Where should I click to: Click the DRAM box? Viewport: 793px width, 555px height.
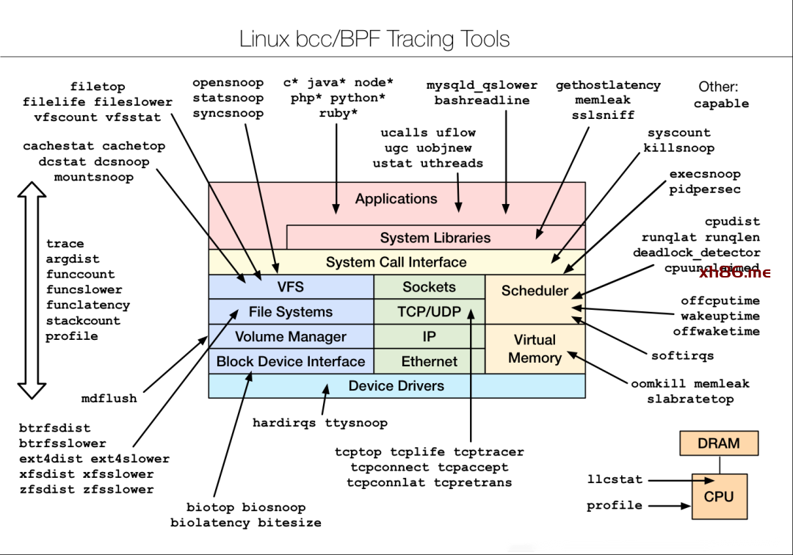point(718,443)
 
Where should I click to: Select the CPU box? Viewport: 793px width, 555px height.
point(718,496)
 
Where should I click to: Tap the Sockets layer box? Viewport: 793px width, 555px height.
point(430,287)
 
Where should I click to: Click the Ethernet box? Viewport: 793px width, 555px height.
point(430,361)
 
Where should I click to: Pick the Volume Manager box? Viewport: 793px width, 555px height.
point(291,337)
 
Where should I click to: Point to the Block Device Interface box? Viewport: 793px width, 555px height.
point(291,361)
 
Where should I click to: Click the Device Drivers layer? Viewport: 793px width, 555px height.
point(396,385)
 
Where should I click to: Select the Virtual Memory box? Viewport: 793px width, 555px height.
point(535,349)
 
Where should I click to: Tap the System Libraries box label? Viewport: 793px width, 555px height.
point(435,238)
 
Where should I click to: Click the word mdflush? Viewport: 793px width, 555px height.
point(109,399)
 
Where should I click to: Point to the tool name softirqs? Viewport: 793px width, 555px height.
point(682,356)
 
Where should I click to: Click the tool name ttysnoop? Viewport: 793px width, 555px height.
point(356,423)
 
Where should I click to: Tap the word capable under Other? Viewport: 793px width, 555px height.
point(721,104)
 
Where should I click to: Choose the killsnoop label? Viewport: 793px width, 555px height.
point(678,148)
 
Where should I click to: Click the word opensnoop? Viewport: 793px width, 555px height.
point(228,83)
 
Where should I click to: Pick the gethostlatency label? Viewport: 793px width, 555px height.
point(607,85)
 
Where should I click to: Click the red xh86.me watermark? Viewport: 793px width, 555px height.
point(734,273)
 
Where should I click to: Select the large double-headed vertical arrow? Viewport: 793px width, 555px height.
point(32,290)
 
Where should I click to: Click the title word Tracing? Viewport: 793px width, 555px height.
point(420,39)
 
